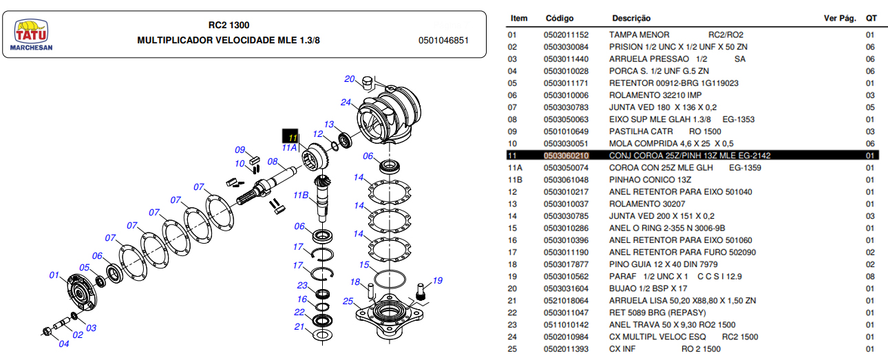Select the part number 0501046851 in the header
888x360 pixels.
[443, 41]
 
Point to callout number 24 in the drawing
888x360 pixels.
[346, 103]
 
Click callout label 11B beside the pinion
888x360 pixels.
[301, 195]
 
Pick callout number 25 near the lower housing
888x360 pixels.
[348, 301]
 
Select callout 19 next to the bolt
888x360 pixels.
[436, 280]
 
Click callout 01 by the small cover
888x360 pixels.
[54, 276]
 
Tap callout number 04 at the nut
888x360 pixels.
[64, 343]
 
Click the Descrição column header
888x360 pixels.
[631, 18]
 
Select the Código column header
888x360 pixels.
[559, 18]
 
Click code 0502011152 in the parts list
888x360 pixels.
[566, 34]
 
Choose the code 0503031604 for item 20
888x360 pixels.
[566, 288]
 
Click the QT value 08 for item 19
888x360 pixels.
[870, 277]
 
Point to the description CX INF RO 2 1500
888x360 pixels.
[665, 349]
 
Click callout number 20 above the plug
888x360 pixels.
[350, 78]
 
